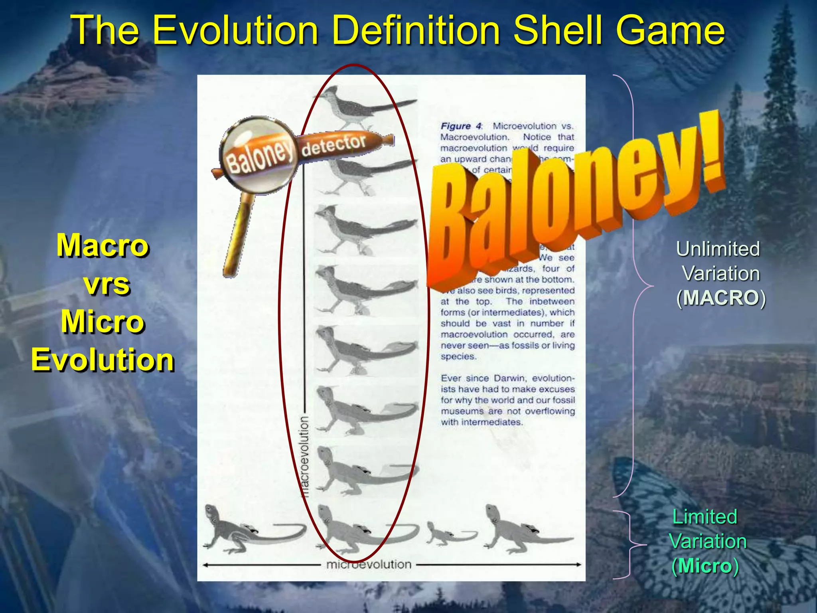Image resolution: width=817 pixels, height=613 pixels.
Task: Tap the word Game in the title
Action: pos(670,30)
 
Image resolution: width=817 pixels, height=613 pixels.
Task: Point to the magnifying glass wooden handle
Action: pos(239,235)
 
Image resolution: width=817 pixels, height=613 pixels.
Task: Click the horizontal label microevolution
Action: pos(369,565)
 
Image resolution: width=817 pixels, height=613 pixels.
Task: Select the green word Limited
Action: pos(705,517)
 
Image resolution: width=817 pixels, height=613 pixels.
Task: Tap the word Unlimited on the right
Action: pos(718,249)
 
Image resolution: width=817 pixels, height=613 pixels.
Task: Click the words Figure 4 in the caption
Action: pos(461,126)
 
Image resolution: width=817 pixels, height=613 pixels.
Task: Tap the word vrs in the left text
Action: pos(107,284)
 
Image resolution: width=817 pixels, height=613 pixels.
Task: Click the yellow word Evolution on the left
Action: pos(103,360)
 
